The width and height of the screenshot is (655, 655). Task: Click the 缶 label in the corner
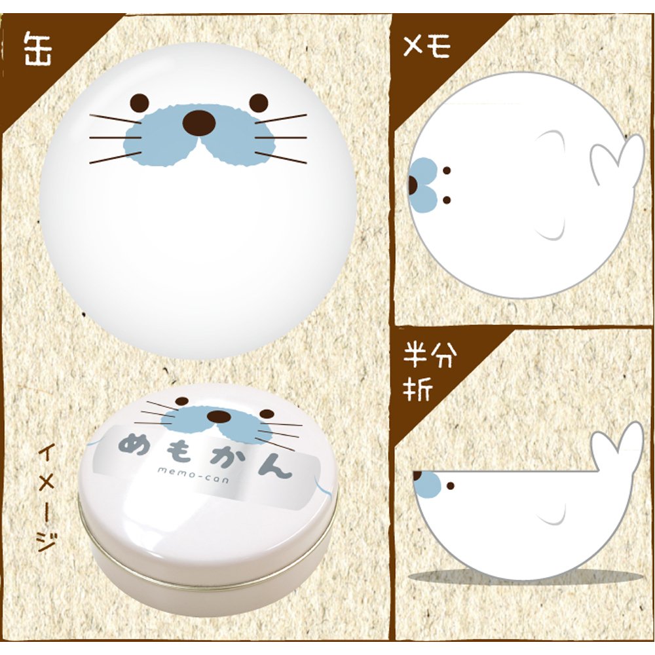[38, 49]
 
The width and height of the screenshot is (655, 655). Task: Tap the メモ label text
[426, 46]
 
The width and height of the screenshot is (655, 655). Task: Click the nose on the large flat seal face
[200, 123]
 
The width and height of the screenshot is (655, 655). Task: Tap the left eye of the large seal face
[139, 102]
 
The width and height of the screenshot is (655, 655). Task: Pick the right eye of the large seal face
[259, 102]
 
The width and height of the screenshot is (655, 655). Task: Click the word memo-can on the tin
[193, 476]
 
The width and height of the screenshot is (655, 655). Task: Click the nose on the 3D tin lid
[219, 416]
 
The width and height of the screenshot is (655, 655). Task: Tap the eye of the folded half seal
[451, 486]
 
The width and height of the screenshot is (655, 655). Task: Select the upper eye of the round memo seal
[447, 170]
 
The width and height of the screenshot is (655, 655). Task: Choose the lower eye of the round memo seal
[447, 200]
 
